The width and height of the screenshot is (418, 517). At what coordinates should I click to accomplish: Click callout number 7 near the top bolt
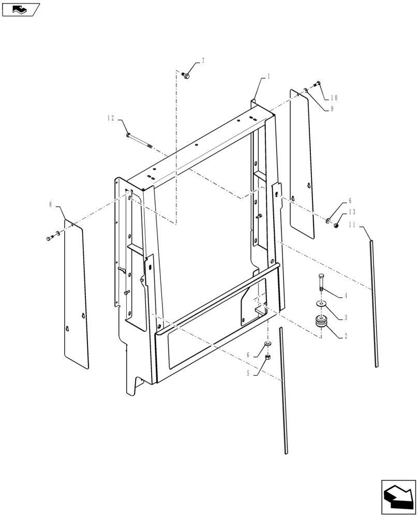click(x=203, y=61)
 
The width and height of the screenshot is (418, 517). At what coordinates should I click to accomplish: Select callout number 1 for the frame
click(x=268, y=76)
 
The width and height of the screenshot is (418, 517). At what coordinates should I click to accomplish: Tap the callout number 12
click(x=111, y=118)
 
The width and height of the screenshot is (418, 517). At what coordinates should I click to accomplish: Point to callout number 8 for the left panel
click(x=51, y=205)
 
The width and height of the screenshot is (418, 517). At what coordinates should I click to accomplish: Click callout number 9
click(x=332, y=109)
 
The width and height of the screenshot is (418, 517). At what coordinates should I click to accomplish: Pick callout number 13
click(x=352, y=212)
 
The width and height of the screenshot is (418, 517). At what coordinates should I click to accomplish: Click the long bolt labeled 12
click(x=140, y=140)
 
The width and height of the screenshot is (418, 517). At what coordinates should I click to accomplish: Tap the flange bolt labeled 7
click(x=187, y=76)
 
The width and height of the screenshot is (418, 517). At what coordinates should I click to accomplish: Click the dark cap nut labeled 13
click(x=335, y=224)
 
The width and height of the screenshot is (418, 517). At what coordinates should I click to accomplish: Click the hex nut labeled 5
click(x=268, y=357)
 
